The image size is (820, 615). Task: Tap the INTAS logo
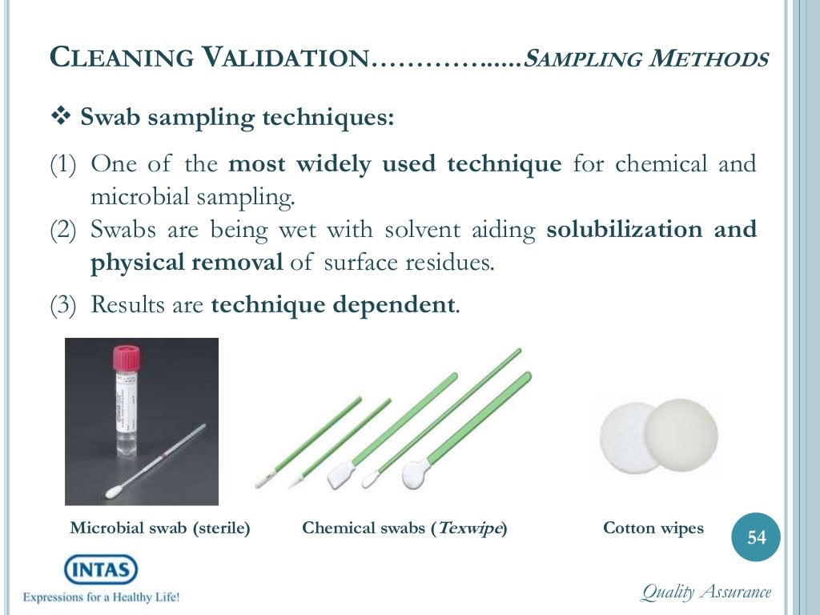[x=101, y=570]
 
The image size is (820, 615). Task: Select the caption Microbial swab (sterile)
[x=160, y=529]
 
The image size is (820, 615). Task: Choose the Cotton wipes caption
[x=653, y=529]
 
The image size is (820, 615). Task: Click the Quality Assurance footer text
[x=705, y=593]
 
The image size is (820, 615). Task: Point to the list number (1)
[x=64, y=166]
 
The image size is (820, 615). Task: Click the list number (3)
[x=64, y=306]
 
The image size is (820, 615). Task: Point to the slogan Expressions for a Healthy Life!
[x=102, y=597]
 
